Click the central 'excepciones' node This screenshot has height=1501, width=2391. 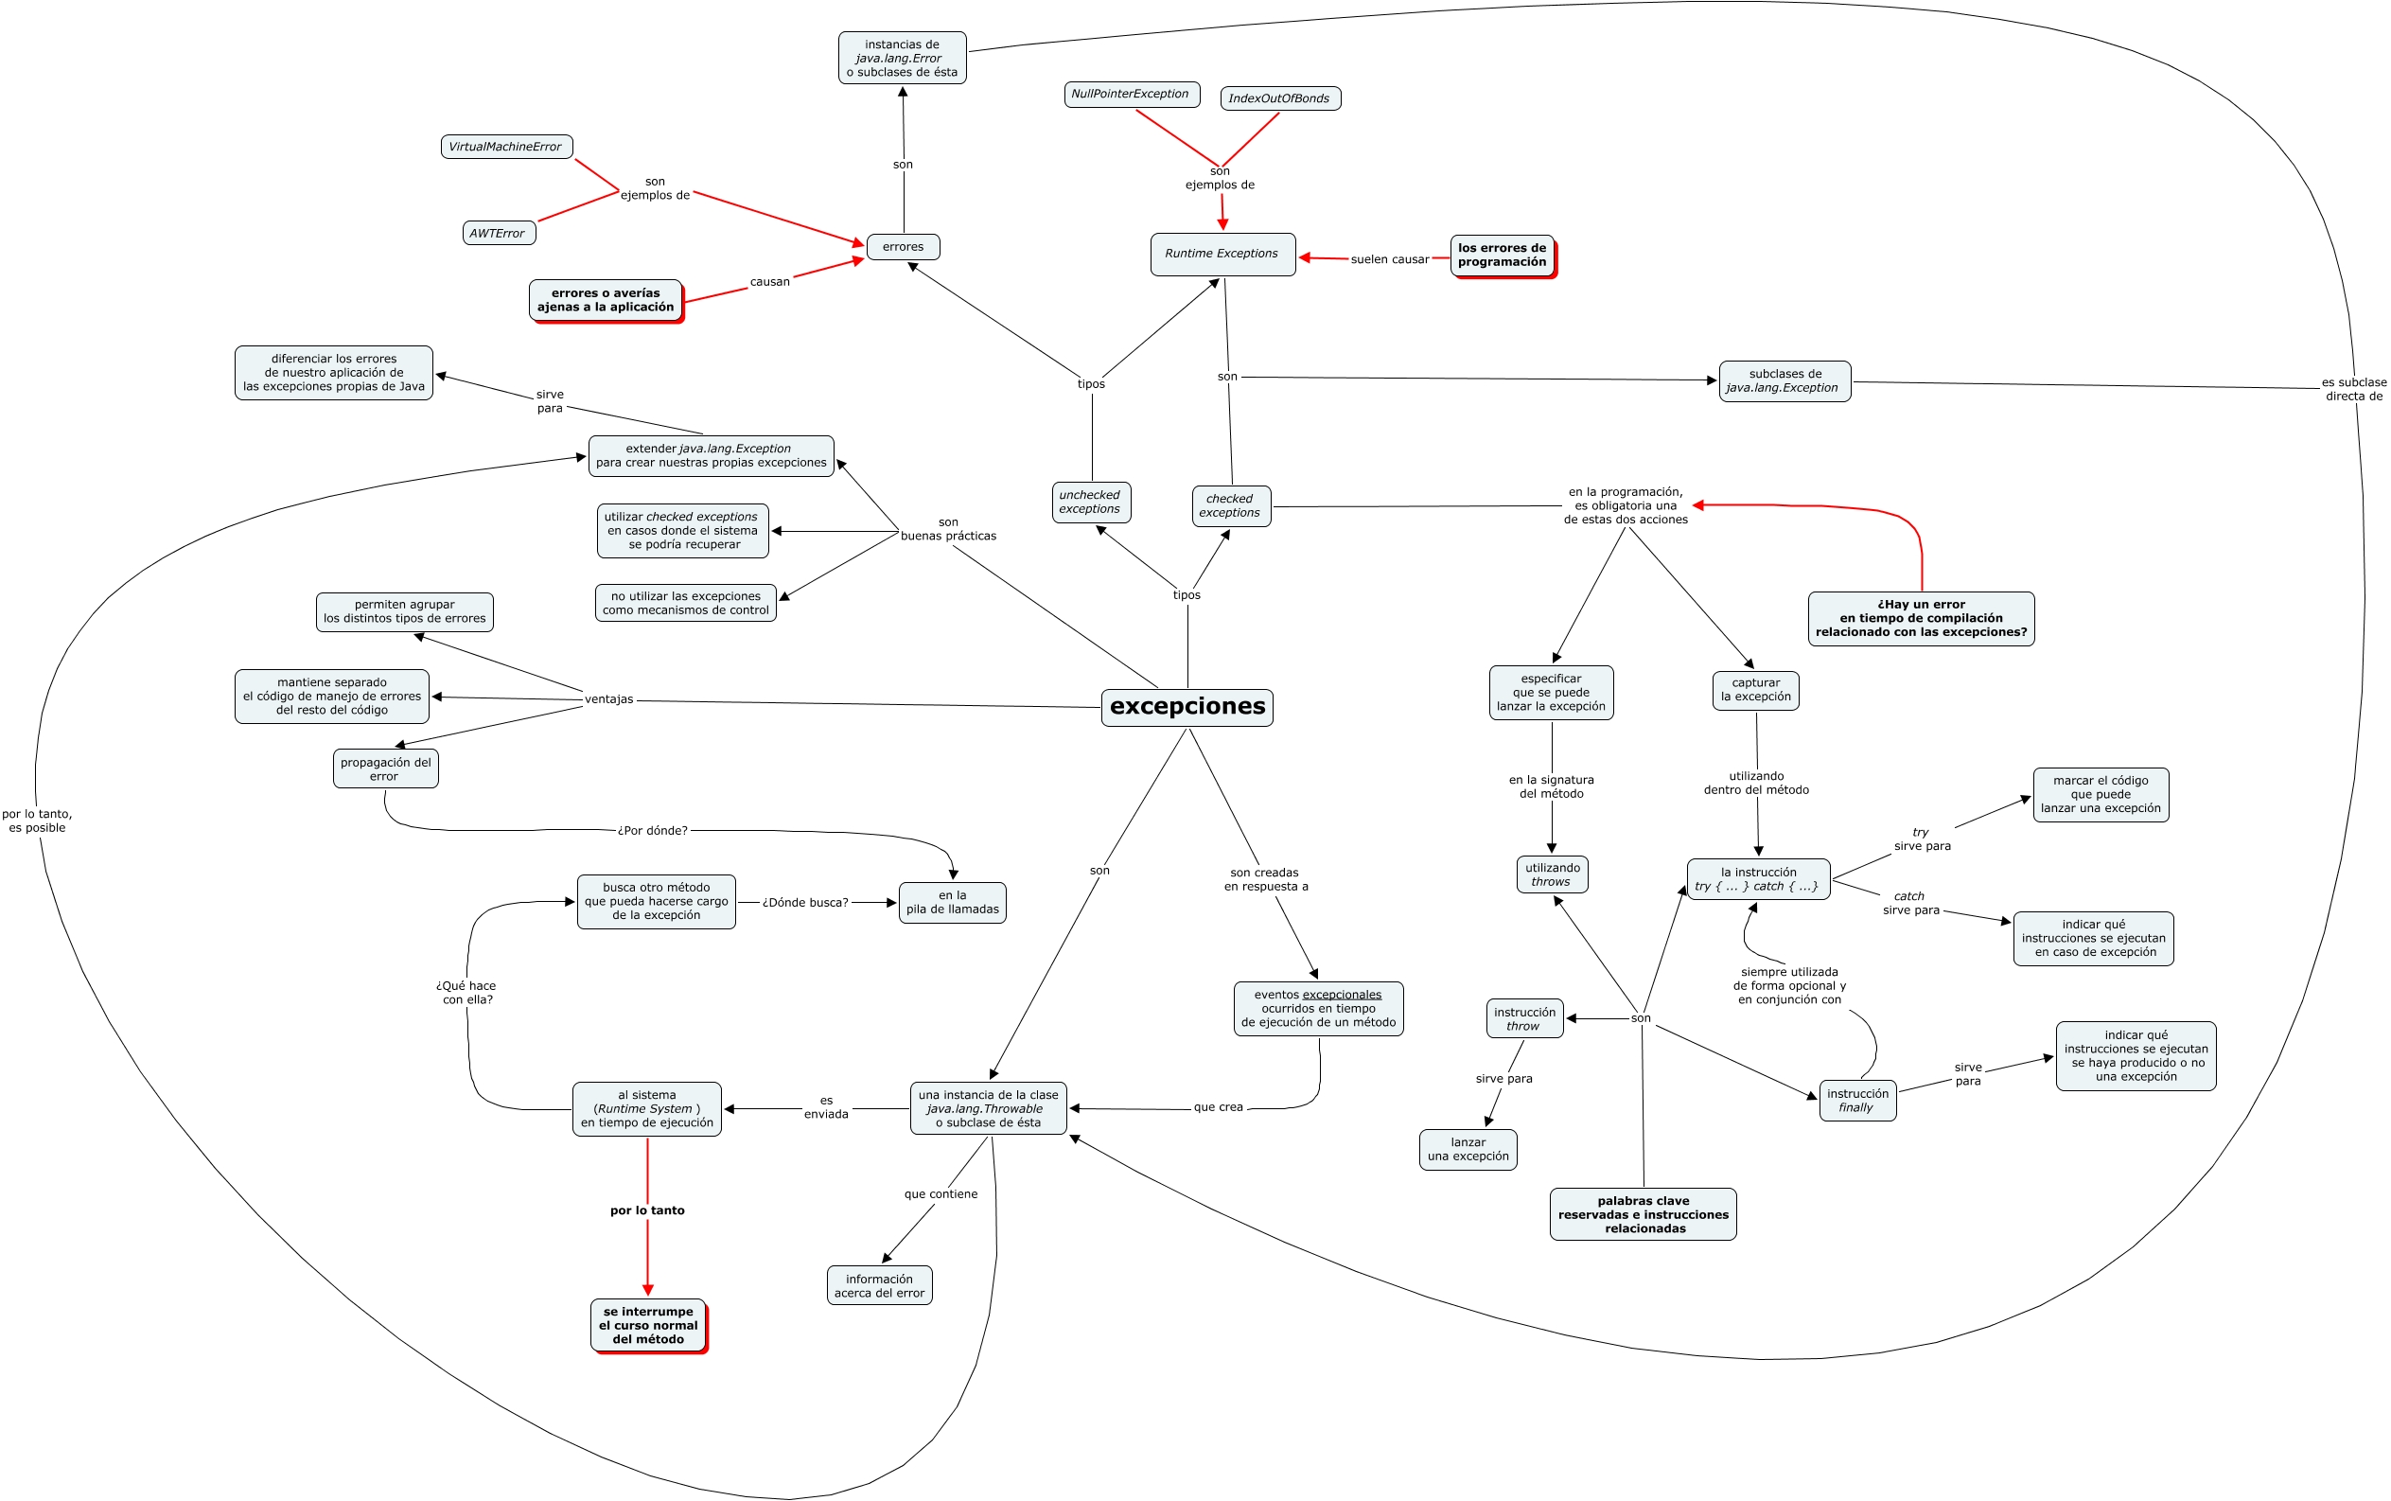tap(1187, 707)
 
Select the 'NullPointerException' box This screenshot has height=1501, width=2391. tap(1131, 95)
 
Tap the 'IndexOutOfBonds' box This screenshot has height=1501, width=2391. tap(1279, 98)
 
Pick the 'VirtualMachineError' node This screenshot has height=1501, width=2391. tap(506, 147)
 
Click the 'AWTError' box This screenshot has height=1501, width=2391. tap(499, 234)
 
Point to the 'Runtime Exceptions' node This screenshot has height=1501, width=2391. tap(1222, 255)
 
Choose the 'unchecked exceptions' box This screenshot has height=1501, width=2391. tap(1090, 503)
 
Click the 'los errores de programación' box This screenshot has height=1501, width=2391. tap(1502, 256)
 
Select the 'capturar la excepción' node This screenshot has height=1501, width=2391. tap(1755, 690)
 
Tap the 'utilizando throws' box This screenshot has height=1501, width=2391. tap(1552, 874)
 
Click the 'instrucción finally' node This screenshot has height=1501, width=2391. tap(1856, 1101)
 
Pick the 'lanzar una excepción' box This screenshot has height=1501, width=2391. tap(1467, 1150)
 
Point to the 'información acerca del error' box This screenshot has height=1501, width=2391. tap(878, 1285)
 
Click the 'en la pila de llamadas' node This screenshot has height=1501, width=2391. tap(952, 902)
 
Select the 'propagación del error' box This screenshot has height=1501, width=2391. tap(385, 769)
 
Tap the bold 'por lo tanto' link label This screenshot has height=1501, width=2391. tap(647, 1210)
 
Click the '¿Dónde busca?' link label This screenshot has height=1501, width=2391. tap(805, 902)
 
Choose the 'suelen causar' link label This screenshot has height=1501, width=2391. tap(1390, 259)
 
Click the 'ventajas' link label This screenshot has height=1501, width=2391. tap(608, 698)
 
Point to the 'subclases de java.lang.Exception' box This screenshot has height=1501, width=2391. tap(1784, 381)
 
